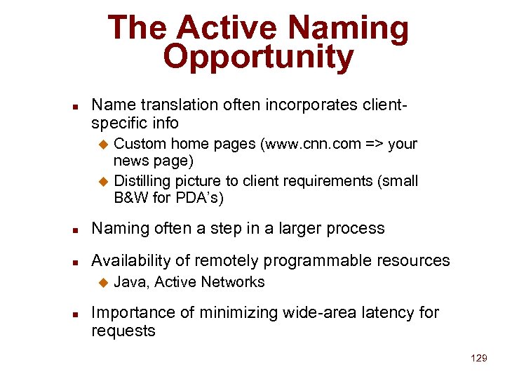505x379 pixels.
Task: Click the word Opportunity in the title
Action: (258, 58)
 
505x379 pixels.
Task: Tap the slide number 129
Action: (479, 358)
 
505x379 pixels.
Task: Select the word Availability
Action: (131, 260)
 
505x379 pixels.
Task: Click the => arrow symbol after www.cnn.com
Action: (374, 144)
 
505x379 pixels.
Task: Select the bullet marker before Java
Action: (103, 283)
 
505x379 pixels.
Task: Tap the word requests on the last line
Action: (123, 331)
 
